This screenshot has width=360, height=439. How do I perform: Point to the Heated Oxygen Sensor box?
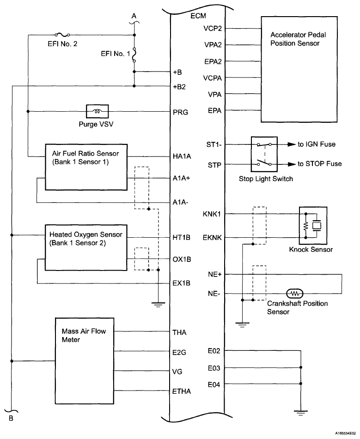[85, 249]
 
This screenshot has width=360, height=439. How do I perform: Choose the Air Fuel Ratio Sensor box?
[85, 166]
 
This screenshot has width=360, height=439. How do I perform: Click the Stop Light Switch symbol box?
[263, 154]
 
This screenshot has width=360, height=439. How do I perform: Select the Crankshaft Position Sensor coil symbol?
[294, 293]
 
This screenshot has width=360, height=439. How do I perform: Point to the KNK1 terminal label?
[212, 214]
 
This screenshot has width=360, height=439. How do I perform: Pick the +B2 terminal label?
[180, 86]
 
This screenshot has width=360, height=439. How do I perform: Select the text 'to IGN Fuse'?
[317, 144]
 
